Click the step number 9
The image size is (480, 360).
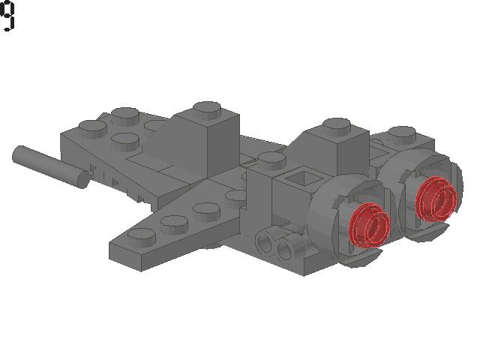(x=7, y=16)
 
